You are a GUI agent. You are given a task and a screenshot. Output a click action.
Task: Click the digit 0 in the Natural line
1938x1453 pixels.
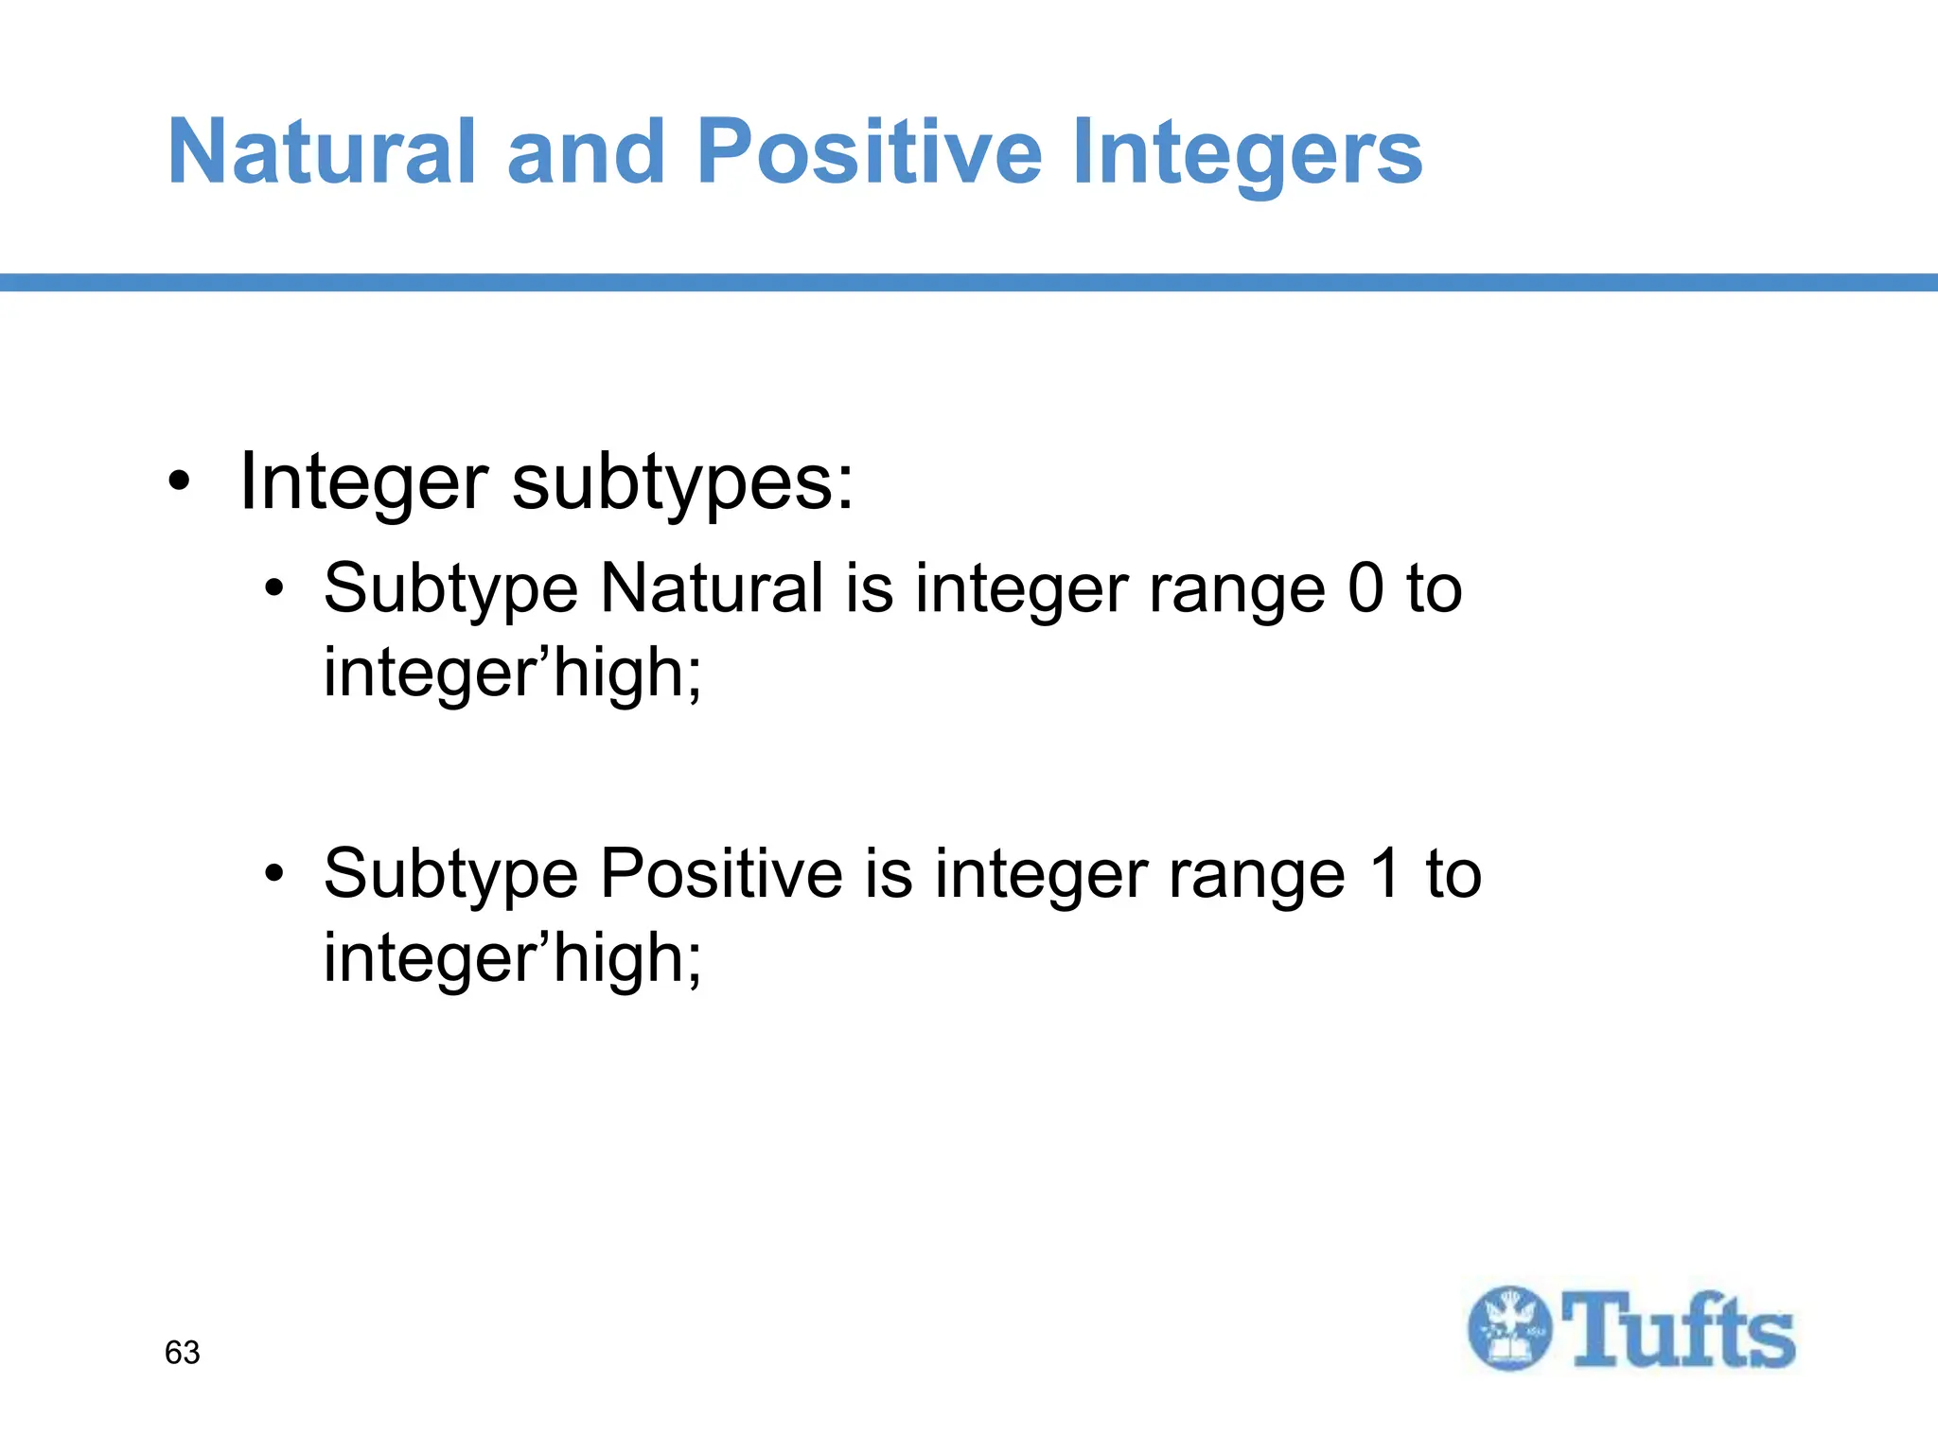pos(1365,588)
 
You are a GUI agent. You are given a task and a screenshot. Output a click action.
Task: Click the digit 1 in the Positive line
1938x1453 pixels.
pos(1384,873)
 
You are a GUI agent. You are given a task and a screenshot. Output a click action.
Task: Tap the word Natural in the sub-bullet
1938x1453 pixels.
pos(712,588)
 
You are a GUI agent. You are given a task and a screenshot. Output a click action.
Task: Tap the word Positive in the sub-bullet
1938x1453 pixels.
pos(721,873)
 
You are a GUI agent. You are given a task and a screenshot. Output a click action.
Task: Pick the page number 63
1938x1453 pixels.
pos(182,1353)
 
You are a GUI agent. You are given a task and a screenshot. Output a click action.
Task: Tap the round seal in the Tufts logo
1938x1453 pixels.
pos(1510,1328)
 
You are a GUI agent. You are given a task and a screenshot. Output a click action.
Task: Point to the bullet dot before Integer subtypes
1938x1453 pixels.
pos(179,483)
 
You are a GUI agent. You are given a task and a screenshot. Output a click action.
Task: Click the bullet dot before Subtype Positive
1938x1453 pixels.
pos(274,873)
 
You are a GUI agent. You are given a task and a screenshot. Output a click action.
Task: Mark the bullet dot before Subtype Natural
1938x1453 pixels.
pos(274,588)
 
